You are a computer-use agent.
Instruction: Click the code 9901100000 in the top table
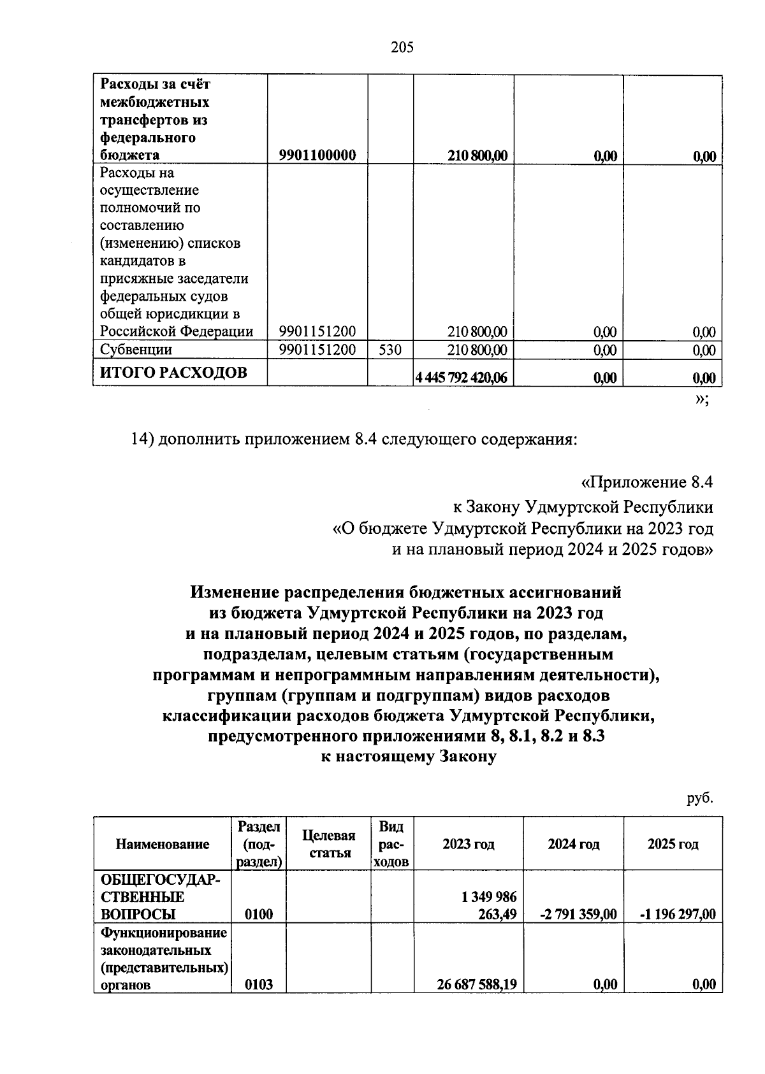[317, 155]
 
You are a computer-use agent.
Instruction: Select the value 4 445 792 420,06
[461, 378]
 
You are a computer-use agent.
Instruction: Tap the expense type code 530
[390, 350]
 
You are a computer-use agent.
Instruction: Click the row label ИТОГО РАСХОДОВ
[173, 373]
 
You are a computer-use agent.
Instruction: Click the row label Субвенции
[136, 350]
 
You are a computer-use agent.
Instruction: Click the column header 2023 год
[469, 844]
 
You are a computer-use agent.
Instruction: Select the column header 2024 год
[573, 844]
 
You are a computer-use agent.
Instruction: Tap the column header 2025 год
[673, 844]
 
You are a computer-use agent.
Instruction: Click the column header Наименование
[163, 844]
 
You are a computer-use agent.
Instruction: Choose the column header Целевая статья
[328, 844]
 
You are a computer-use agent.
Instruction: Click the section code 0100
[259, 915]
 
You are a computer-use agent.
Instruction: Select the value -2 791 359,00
[578, 915]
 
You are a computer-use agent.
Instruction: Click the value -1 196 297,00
[677, 915]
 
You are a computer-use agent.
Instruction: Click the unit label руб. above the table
[700, 798]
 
